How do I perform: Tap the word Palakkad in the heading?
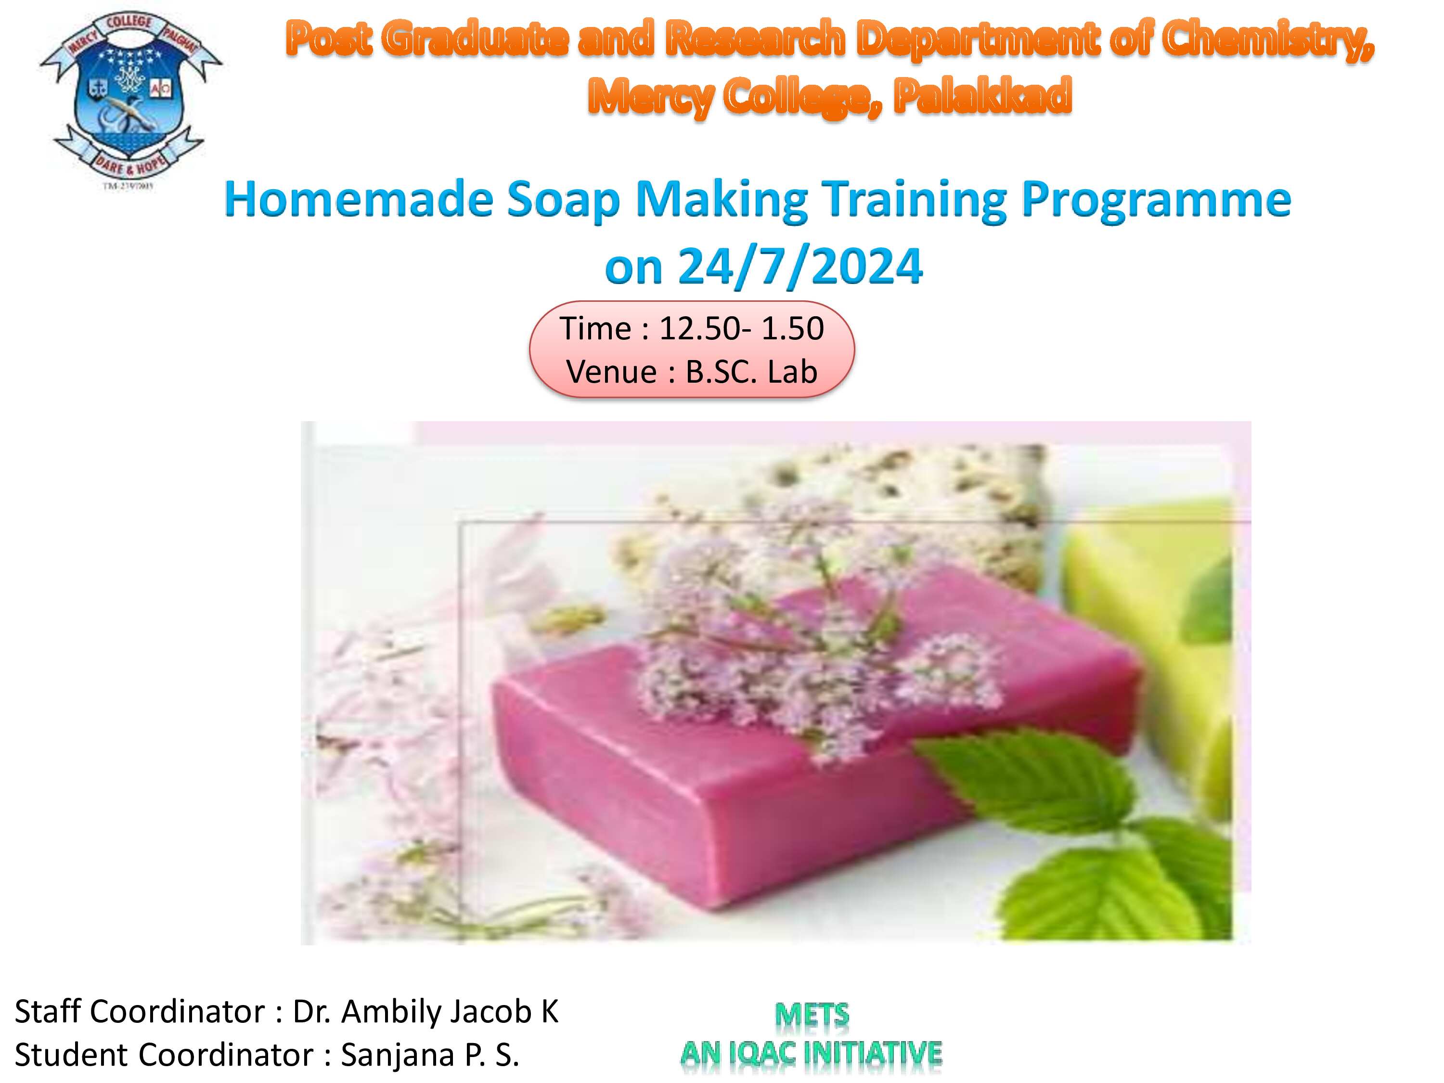[982, 95]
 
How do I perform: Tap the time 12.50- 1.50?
[742, 328]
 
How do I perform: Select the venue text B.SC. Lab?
[751, 372]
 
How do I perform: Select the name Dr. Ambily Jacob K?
[425, 1012]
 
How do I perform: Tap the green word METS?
[812, 1016]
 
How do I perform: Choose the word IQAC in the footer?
[762, 1054]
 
